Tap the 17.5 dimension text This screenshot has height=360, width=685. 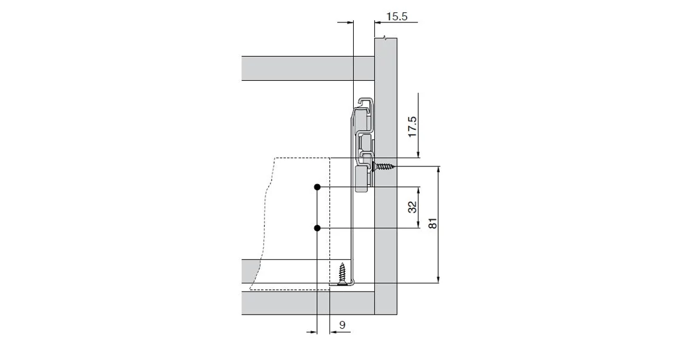412,127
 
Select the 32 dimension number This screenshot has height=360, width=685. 412,207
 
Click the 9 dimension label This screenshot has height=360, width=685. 342,324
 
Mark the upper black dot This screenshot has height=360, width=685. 317,187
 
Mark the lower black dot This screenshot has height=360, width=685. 317,228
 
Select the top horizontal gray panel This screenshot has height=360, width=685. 307,68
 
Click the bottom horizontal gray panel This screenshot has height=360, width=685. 307,303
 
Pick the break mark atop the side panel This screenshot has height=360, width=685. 385,38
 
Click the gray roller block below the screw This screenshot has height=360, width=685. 363,179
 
